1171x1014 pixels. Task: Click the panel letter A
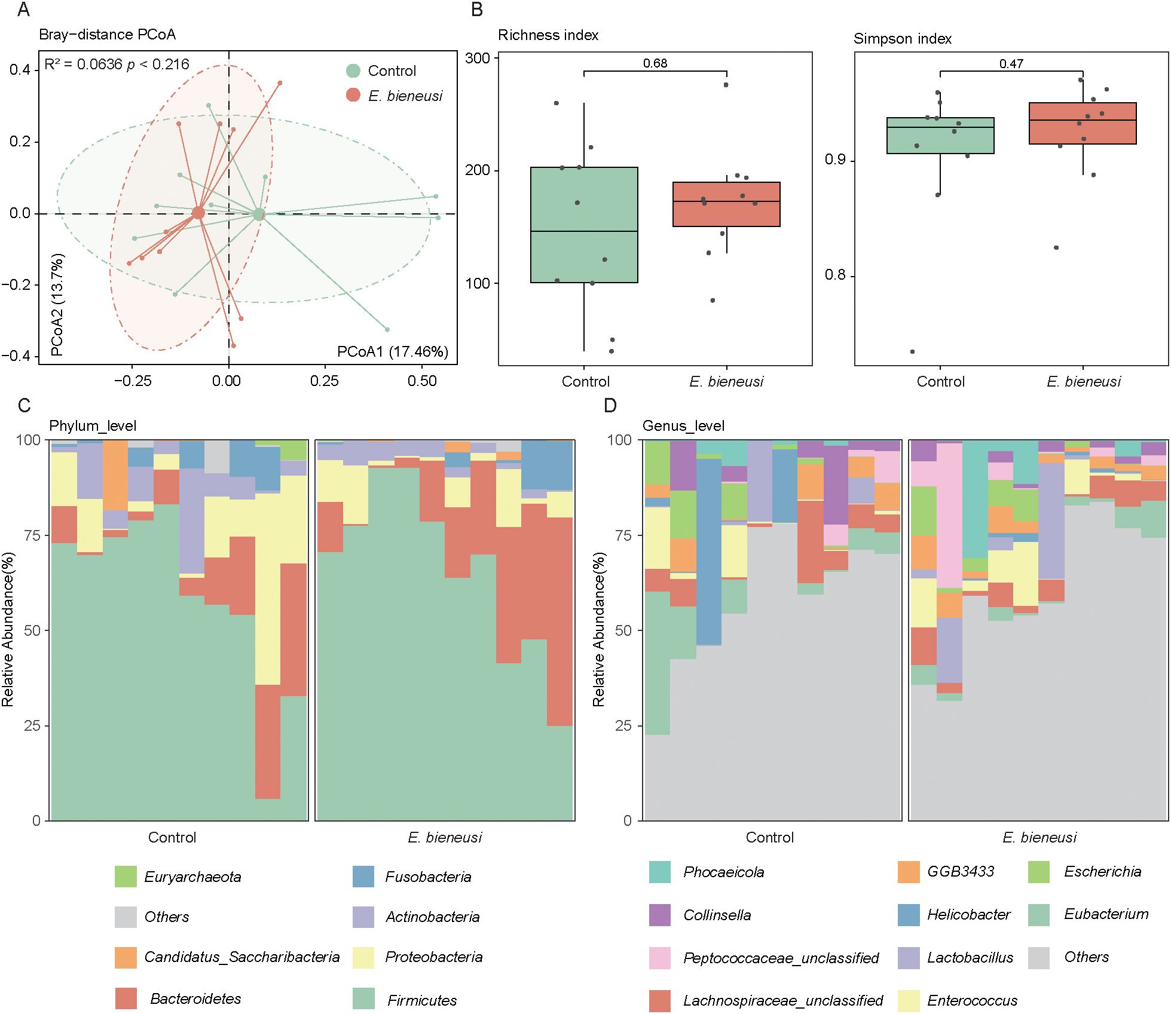coord(23,10)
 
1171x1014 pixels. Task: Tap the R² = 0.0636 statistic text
coord(82,65)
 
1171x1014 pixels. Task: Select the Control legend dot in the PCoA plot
coord(353,71)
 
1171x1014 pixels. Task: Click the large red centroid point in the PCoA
coord(198,213)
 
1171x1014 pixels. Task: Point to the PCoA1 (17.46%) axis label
coord(392,351)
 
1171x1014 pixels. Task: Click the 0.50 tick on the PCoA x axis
coord(422,381)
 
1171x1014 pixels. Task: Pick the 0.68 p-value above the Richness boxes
coord(655,63)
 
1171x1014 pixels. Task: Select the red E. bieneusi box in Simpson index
coord(1083,123)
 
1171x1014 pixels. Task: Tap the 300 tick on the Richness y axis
coord(477,58)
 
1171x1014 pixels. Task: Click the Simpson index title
coord(902,39)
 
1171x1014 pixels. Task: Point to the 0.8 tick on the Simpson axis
coord(835,275)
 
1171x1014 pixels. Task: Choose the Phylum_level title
coord(93,426)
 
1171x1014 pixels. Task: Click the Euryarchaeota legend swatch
coord(126,877)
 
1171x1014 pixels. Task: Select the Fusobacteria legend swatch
coord(363,877)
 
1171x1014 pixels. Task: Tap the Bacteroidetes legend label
coord(195,998)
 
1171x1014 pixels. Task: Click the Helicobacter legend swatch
coord(909,915)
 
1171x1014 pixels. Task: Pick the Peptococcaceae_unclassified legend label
coord(781,958)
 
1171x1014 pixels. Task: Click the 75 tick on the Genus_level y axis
coord(623,535)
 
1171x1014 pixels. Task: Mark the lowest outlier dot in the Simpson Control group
coord(912,351)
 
